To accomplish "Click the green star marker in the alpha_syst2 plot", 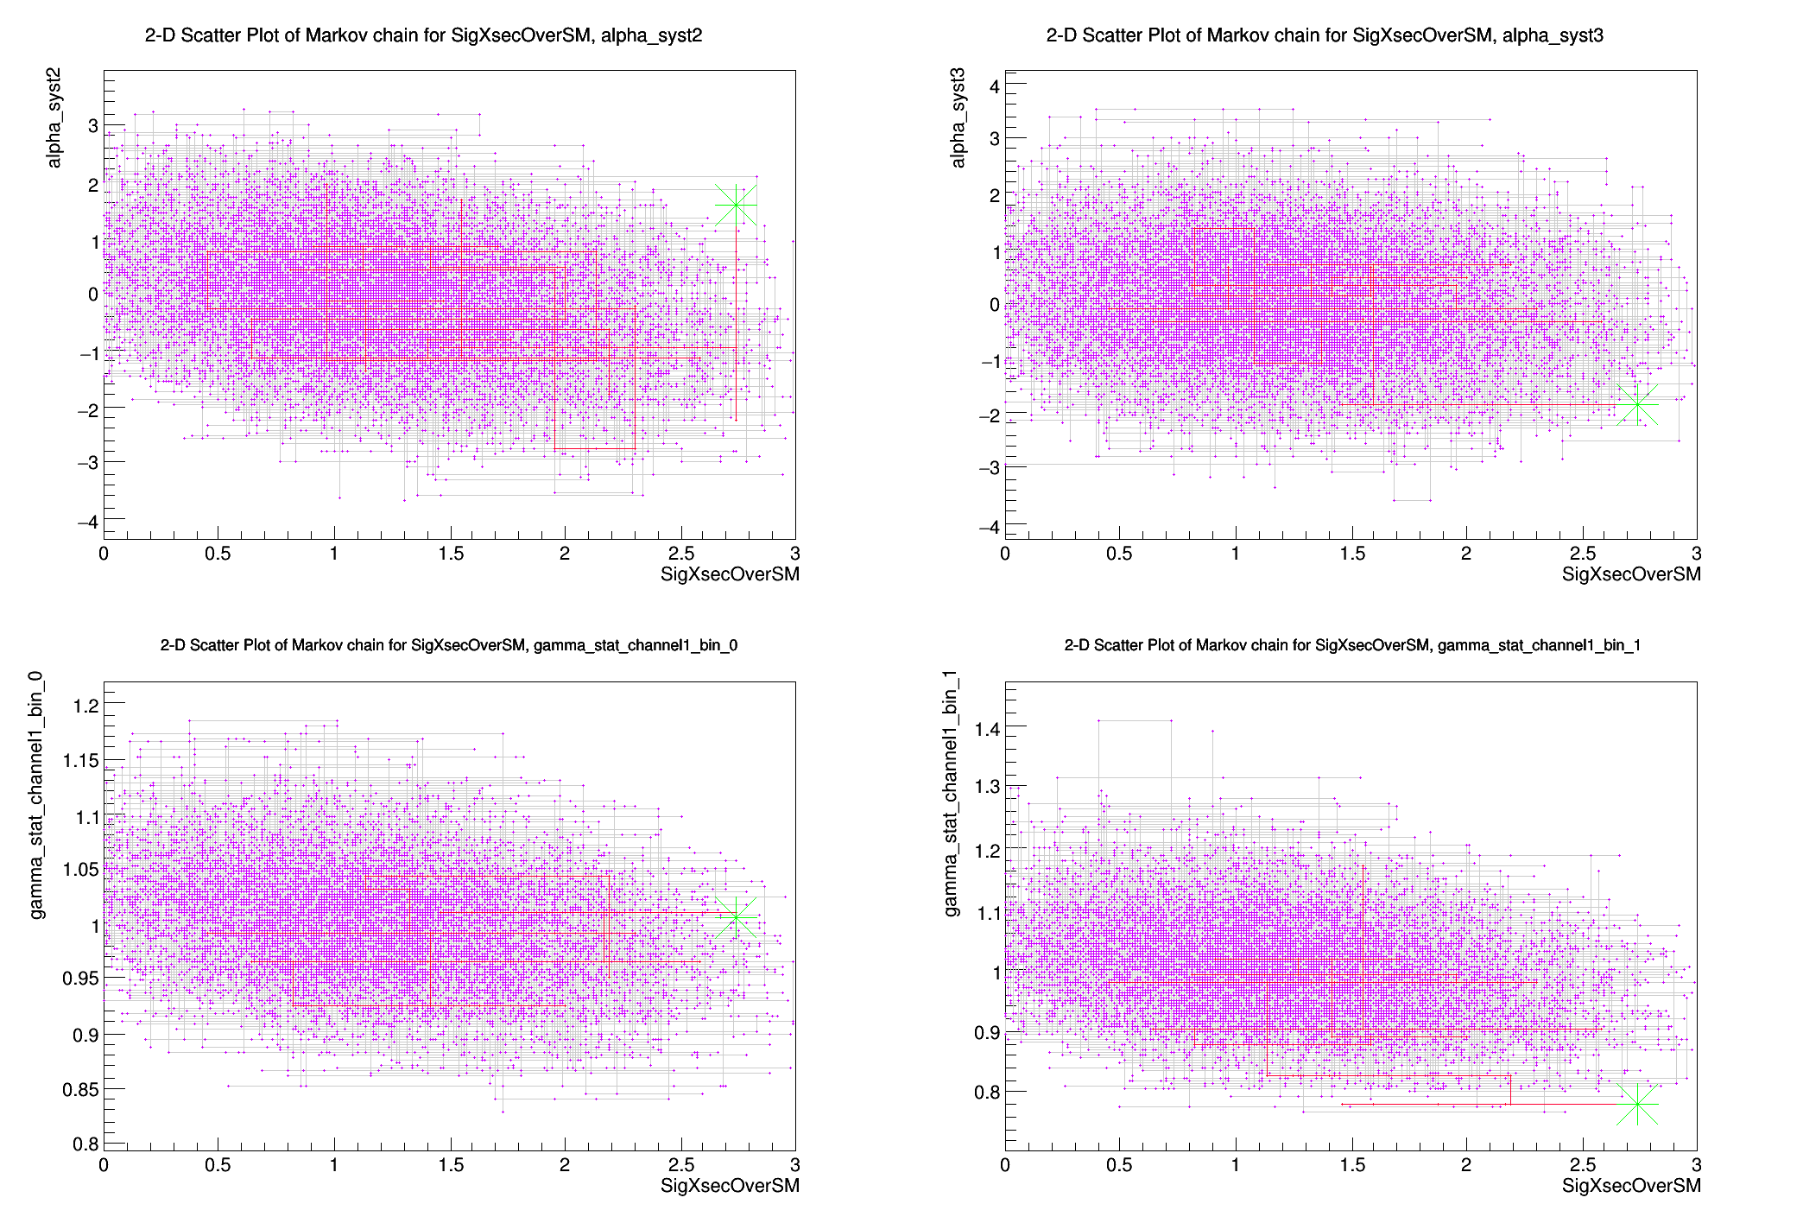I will (x=736, y=206).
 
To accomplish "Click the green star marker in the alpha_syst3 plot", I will (x=1637, y=404).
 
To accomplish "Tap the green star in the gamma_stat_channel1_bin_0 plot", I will (x=736, y=917).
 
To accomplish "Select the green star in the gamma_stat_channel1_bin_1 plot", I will (x=1637, y=1104).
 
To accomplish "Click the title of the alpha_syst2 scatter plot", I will (x=423, y=35).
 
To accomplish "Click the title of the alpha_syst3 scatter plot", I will (x=1325, y=35).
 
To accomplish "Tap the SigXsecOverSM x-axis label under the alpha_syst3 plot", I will (x=1630, y=574).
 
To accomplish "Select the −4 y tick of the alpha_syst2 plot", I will (x=87, y=522).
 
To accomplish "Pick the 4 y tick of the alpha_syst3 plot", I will (x=994, y=86).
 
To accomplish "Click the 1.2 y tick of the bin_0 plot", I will (x=85, y=706).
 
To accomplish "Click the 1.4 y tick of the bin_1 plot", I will (x=987, y=729).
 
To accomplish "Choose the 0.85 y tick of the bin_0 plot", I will (x=80, y=1089).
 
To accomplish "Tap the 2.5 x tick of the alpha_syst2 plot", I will (x=680, y=554).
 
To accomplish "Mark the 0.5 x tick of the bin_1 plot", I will (x=1119, y=1164).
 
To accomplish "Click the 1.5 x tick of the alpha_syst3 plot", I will (x=1352, y=554).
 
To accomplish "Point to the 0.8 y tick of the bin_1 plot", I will (x=987, y=1092).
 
